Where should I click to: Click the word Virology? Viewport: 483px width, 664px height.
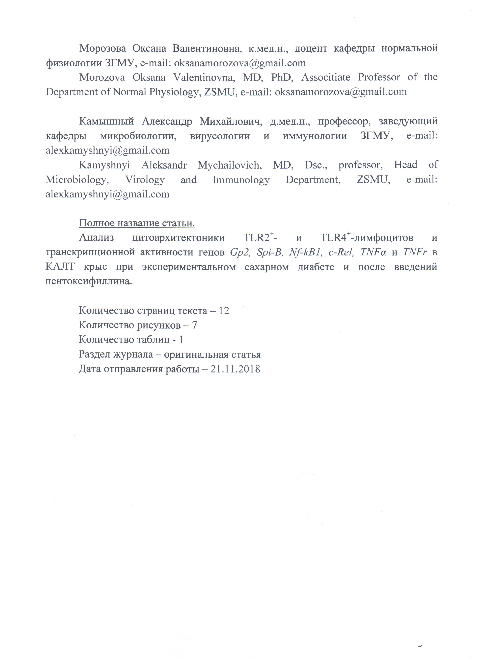145,180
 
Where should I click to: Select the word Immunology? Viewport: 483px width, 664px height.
241,180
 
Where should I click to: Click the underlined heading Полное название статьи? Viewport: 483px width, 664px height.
137,223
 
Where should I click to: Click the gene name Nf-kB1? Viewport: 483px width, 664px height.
305,252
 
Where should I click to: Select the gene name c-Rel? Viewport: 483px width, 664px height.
341,252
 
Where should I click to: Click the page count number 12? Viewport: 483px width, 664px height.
224,311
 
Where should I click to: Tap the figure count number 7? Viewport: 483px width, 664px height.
194,325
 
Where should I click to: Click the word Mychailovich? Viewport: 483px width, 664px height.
230,165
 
